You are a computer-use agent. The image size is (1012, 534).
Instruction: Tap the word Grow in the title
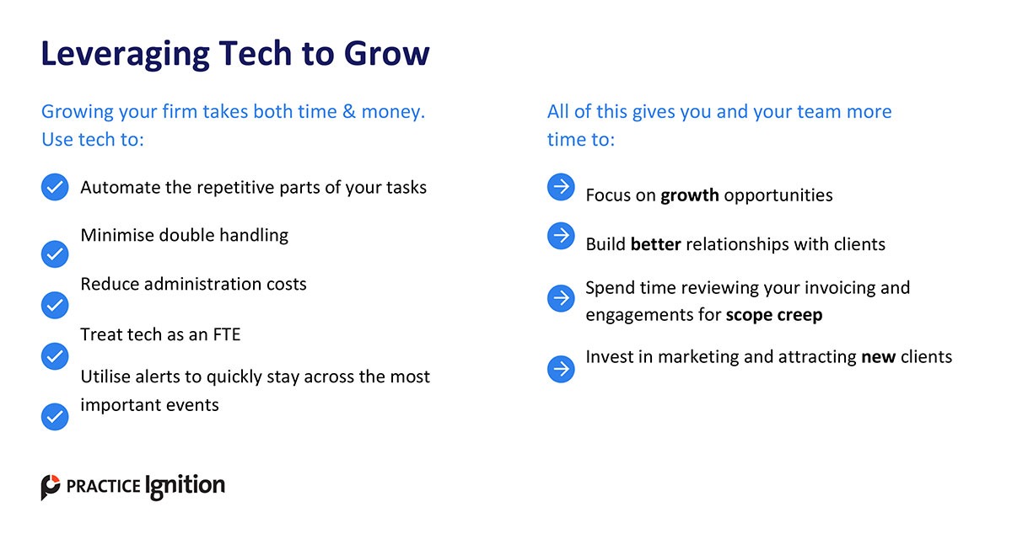pyautogui.click(x=387, y=53)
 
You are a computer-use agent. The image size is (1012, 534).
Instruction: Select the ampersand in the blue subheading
pyautogui.click(x=349, y=111)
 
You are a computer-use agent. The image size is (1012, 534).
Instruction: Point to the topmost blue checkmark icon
pyautogui.click(x=55, y=187)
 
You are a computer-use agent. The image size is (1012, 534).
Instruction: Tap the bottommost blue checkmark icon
pyautogui.click(x=55, y=417)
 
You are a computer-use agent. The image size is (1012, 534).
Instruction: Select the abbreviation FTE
pyautogui.click(x=226, y=334)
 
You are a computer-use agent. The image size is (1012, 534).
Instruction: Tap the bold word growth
pyautogui.click(x=690, y=196)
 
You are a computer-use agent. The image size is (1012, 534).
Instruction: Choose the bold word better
pyautogui.click(x=655, y=244)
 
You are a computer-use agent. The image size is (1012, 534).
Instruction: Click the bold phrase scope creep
pyautogui.click(x=774, y=315)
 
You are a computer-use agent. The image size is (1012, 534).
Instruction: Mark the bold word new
pyautogui.click(x=878, y=357)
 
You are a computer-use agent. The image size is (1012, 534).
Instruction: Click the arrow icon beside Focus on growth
pyautogui.click(x=561, y=187)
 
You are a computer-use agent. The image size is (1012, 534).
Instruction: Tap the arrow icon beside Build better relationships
pyautogui.click(x=561, y=236)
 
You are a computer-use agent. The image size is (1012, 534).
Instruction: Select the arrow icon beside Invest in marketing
pyautogui.click(x=561, y=369)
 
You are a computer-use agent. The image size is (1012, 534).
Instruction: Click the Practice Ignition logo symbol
pyautogui.click(x=50, y=487)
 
